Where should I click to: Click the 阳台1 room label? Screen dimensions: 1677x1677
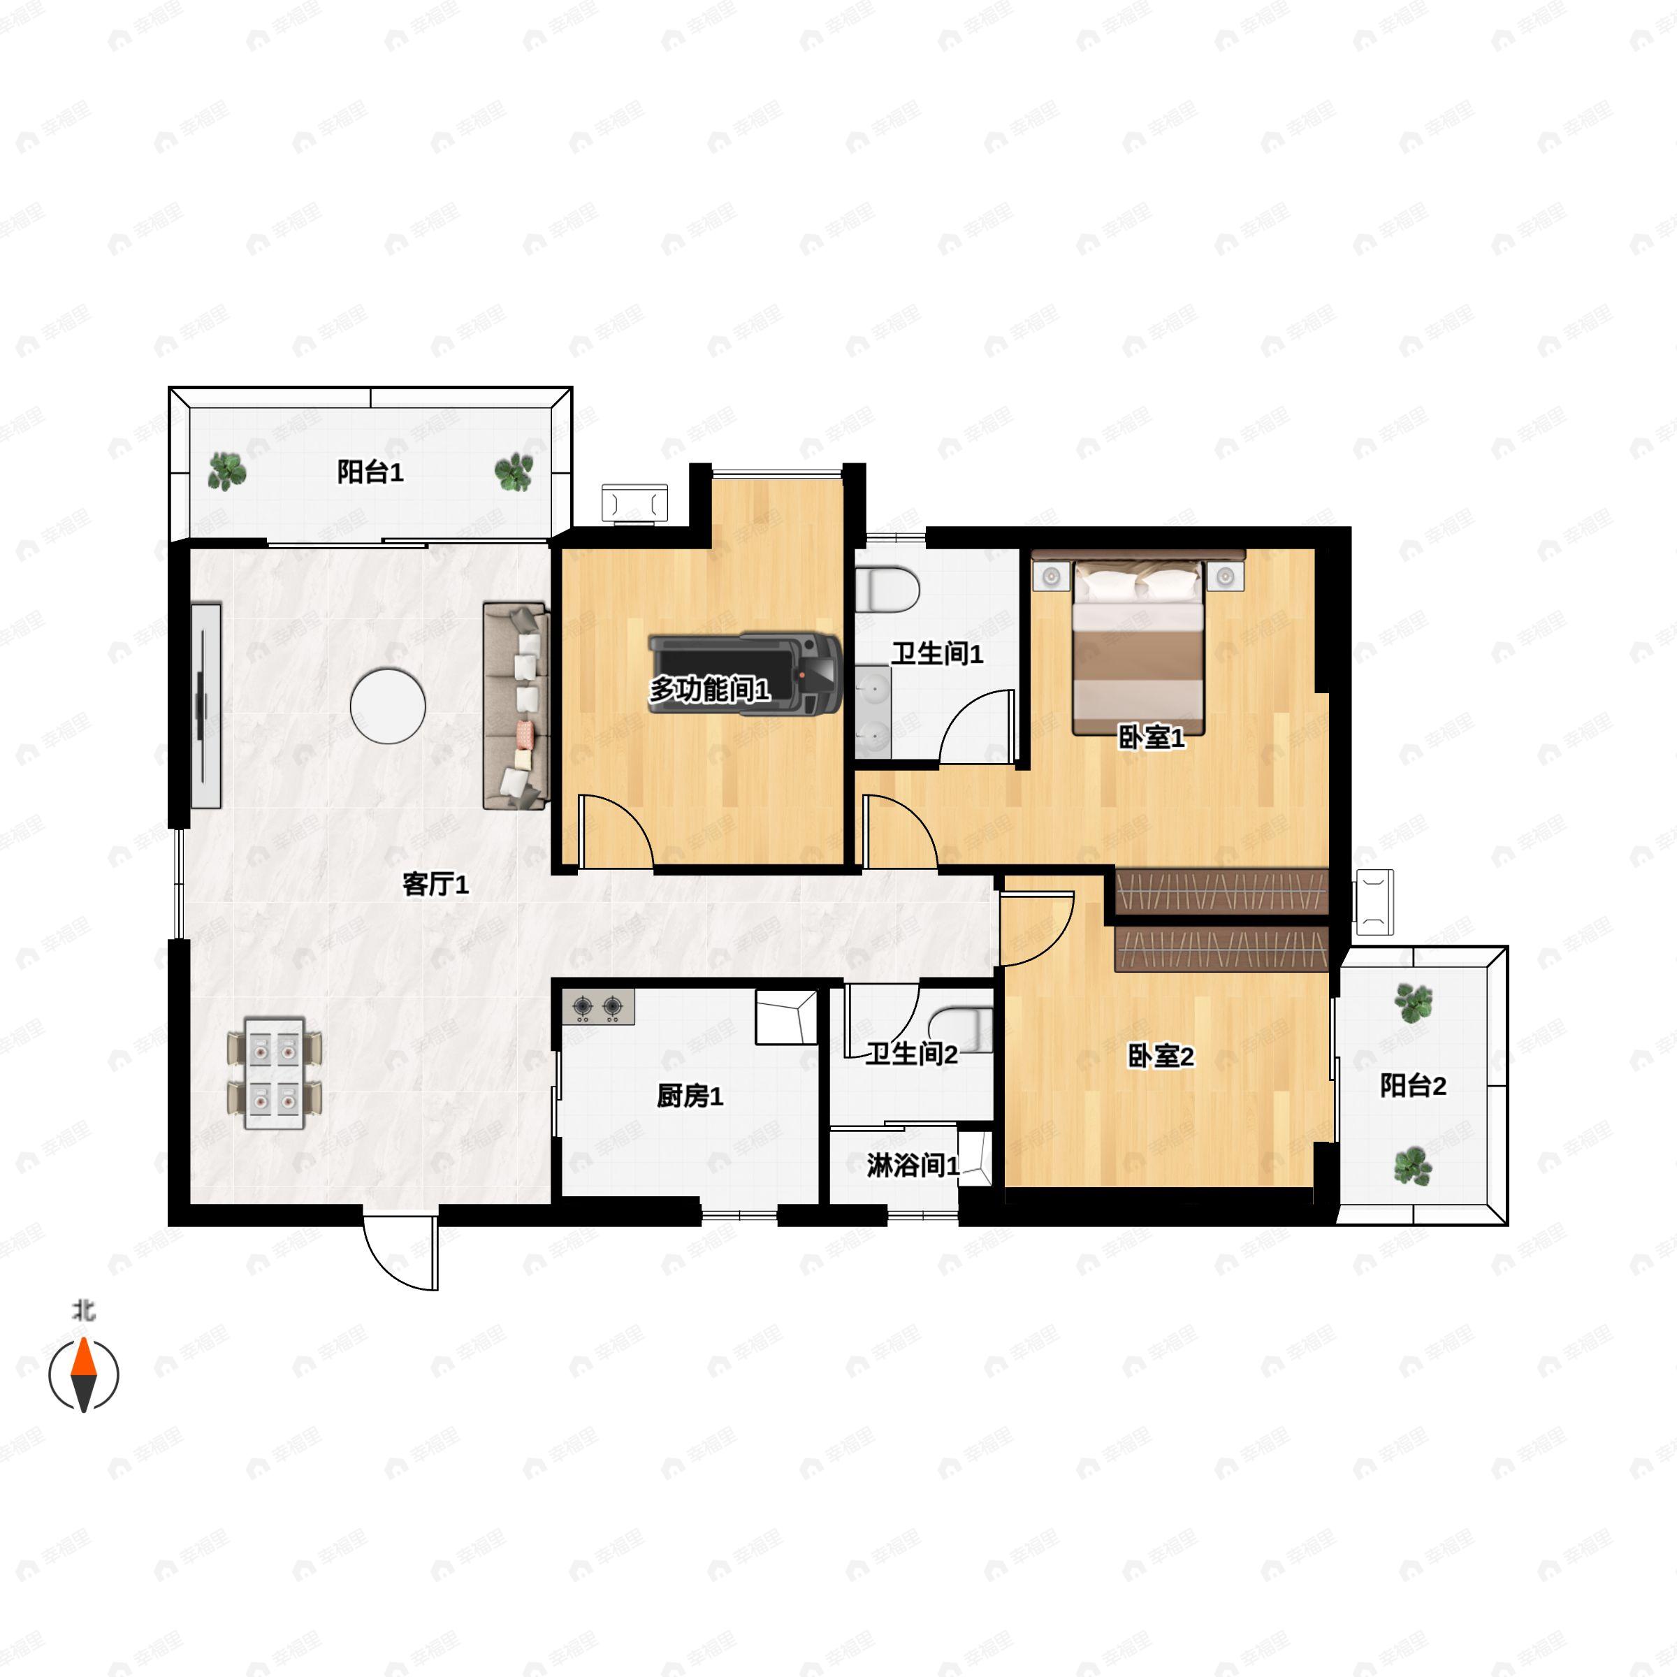pyautogui.click(x=370, y=472)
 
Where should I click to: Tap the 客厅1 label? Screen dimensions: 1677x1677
pyautogui.click(x=436, y=885)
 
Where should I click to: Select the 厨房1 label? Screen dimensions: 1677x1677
pyautogui.click(x=690, y=1096)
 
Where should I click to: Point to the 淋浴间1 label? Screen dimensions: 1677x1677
pyautogui.click(x=913, y=1166)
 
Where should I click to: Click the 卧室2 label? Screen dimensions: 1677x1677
pyautogui.click(x=1161, y=1057)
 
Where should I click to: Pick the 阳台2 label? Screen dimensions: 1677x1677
pyautogui.click(x=1413, y=1086)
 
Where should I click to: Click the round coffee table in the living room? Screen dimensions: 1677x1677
pyautogui.click(x=388, y=706)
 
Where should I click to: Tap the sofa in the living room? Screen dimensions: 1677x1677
pyautogui.click(x=516, y=706)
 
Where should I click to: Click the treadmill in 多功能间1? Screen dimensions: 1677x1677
pyautogui.click(x=745, y=674)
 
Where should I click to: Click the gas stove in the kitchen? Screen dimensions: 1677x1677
pyautogui.click(x=598, y=1007)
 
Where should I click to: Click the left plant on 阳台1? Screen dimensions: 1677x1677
pyautogui.click(x=226, y=472)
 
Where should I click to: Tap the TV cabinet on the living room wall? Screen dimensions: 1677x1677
pyautogui.click(x=205, y=706)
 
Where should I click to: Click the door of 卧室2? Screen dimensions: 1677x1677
pyautogui.click(x=1038, y=927)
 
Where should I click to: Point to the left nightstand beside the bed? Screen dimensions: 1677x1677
pyautogui.click(x=1051, y=576)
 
